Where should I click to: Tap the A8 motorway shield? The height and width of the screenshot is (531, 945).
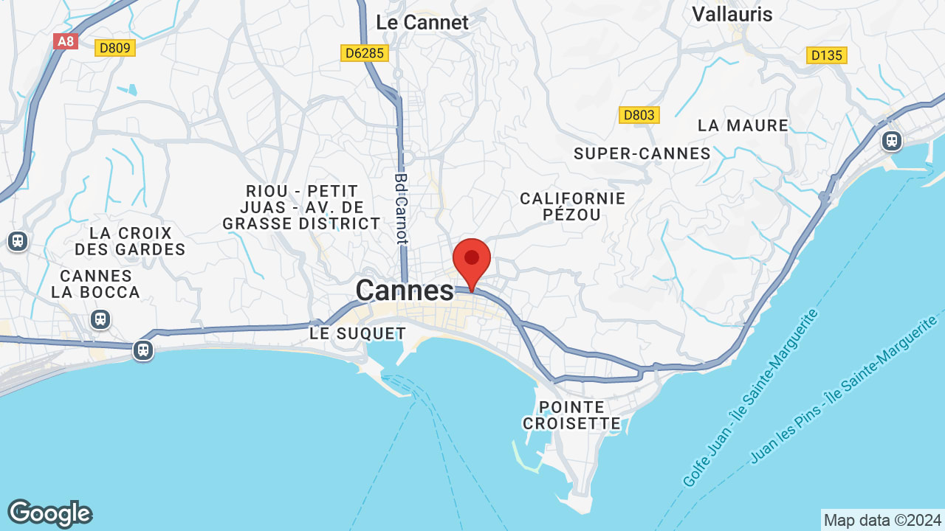click(x=66, y=41)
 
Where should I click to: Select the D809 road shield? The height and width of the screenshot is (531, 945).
click(x=114, y=48)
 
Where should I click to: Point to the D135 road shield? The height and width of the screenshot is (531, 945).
click(x=827, y=55)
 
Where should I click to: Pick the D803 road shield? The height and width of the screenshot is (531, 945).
click(x=639, y=115)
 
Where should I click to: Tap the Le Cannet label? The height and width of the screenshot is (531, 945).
click(x=422, y=22)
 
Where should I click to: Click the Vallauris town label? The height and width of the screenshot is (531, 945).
click(x=732, y=14)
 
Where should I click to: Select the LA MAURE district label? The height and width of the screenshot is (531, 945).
click(x=743, y=125)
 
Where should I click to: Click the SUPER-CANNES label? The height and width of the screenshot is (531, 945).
click(x=642, y=153)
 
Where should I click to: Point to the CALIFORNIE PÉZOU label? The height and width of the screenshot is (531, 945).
click(x=573, y=206)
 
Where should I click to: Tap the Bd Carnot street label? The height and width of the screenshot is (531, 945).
click(x=401, y=208)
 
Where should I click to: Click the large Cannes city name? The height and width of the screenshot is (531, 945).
click(x=405, y=291)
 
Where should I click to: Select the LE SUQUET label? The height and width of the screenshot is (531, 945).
click(x=357, y=333)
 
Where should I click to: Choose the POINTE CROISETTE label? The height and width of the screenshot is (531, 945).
click(x=571, y=415)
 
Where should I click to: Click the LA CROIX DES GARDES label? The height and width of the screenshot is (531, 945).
click(x=131, y=241)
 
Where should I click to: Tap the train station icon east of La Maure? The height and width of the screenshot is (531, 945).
click(x=892, y=139)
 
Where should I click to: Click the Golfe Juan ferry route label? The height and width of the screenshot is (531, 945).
click(x=751, y=398)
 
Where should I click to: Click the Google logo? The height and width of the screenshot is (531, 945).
click(x=49, y=513)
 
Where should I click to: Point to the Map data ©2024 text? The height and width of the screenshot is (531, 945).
click(x=882, y=520)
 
